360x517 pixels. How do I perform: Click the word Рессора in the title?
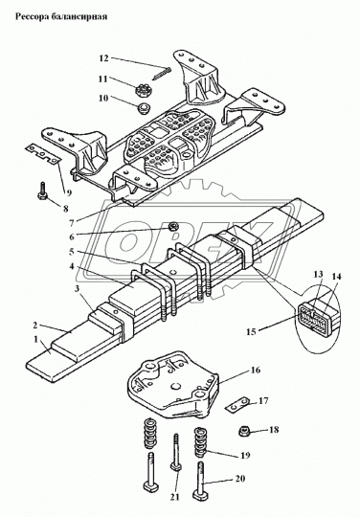pos(31,16)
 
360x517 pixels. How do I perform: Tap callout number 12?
pos(103,58)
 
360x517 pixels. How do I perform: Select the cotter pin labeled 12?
pos(162,73)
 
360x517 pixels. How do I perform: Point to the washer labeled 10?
pos(144,107)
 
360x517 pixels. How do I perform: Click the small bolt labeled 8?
pos(43,191)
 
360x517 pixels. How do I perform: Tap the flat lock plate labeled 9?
pos(43,152)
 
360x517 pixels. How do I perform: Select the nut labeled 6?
pos(173,227)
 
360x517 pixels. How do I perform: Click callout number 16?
pos(256,370)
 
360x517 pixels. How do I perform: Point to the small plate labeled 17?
pos(238,404)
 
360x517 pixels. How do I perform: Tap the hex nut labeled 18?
pos(244,430)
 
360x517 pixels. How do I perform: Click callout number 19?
pos(245,456)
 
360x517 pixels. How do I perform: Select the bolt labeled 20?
pos(201,482)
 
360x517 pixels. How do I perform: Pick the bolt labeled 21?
pos(176,454)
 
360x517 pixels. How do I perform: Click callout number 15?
pos(251,331)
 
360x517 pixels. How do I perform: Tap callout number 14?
pos(337,277)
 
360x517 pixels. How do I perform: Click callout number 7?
pos(72,223)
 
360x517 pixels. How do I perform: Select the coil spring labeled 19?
pos(201,442)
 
